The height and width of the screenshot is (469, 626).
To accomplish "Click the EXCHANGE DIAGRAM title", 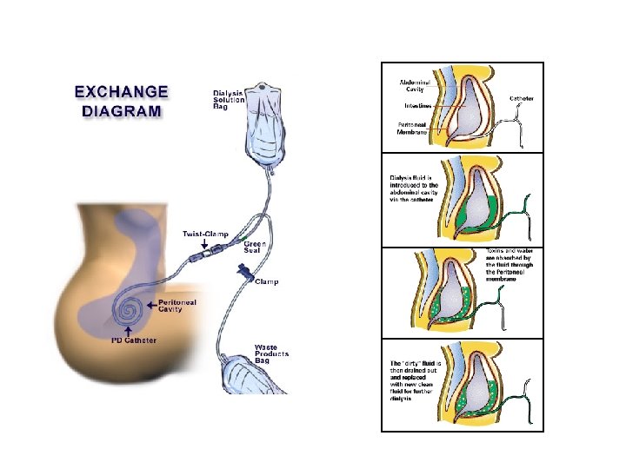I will tap(121, 100).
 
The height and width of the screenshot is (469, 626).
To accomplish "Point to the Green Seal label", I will tap(255, 247).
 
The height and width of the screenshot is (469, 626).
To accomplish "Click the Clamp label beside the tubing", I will tap(266, 282).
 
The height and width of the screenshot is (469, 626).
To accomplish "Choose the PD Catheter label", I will tap(134, 340).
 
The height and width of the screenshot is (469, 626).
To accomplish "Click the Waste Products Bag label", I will tap(271, 353).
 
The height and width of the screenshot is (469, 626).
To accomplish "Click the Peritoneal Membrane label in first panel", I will tap(413, 128).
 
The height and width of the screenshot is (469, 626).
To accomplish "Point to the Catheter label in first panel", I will tap(522, 98).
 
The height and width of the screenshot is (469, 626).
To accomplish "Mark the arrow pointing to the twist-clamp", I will tap(206, 244).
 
